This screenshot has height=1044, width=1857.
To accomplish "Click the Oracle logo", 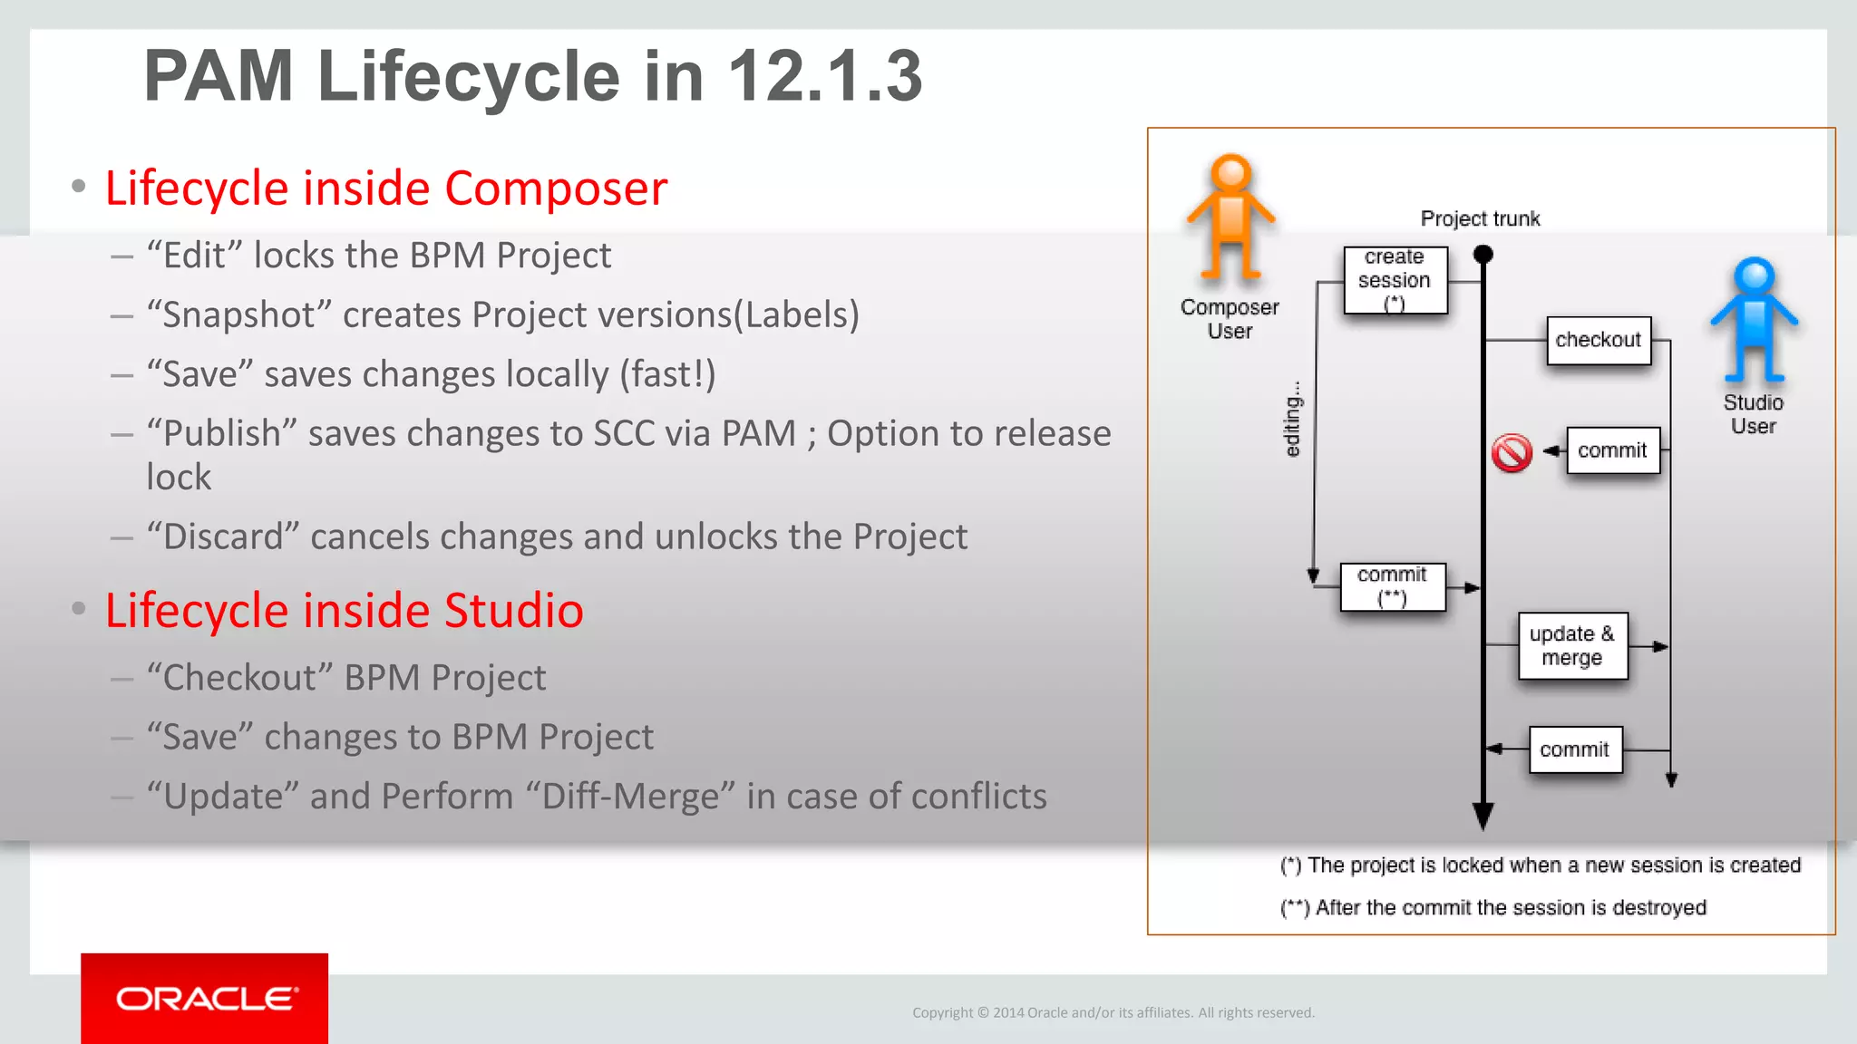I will tap(205, 999).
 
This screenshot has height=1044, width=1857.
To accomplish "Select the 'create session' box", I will tap(1395, 280).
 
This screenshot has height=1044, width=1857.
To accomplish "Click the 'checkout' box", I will tap(1598, 340).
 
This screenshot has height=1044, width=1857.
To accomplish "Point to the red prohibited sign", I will tap(1512, 452).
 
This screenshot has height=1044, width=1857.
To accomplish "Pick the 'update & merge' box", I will tap(1572, 646).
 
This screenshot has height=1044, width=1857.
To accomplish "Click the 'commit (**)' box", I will tap(1392, 586).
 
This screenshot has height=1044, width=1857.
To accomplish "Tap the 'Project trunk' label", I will tap(1480, 218).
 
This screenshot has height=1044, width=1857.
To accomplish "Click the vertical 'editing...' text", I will tap(1293, 419).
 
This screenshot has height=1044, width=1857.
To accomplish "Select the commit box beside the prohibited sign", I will tap(1612, 450).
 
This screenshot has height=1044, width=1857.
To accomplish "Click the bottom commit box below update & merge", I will tap(1574, 749).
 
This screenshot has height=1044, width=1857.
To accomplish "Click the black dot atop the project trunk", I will tap(1483, 255).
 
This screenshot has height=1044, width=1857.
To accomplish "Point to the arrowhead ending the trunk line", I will tap(1483, 815).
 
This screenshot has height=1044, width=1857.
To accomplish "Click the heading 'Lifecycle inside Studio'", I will tap(344, 610).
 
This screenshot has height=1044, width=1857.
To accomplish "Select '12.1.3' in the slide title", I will tap(824, 76).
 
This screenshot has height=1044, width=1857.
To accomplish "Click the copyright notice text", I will tap(1113, 1012).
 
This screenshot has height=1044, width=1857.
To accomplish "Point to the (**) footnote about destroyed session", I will tap(1492, 907).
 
